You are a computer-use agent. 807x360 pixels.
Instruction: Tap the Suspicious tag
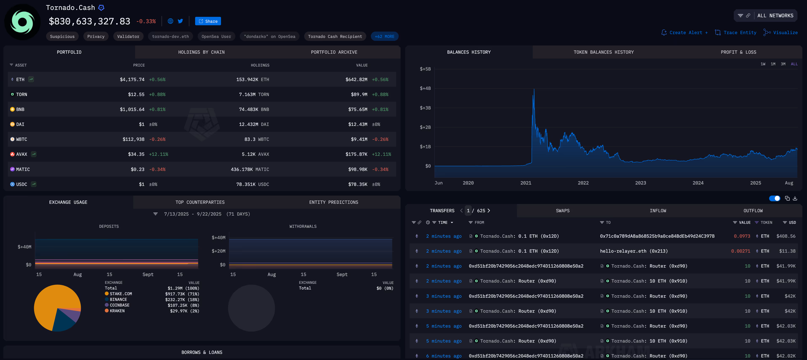(62, 37)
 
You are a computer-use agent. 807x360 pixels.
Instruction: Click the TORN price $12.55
(136, 95)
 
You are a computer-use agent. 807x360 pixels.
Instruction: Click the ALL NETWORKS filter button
(775, 16)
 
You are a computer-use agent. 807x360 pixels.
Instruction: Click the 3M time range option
(783, 64)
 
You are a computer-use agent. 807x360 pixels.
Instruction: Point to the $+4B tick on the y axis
(425, 89)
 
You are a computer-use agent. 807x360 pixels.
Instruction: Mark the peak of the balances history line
(534, 90)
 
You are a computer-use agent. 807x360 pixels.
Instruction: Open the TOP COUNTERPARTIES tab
(200, 202)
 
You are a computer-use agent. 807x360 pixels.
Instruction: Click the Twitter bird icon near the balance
(180, 21)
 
